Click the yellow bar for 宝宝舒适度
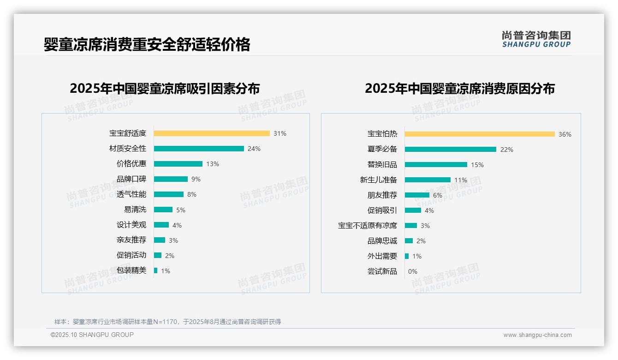[212, 133]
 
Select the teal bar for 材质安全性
[199, 149]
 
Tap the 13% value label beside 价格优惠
[213, 164]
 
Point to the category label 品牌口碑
[131, 179]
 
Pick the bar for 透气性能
[169, 194]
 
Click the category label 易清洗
[135, 210]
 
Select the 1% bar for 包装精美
[156, 270]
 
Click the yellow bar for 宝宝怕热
[480, 134]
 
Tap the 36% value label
[565, 134]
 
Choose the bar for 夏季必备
[451, 150]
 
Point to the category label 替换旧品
[382, 165]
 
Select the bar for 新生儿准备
[428, 180]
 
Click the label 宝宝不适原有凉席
[368, 226]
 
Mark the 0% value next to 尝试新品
[413, 271]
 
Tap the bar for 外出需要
[407, 256]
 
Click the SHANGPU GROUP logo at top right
[536, 39]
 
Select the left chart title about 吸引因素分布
[165, 88]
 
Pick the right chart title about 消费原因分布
[460, 88]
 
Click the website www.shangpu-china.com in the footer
[537, 335]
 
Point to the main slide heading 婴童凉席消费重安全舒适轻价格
[147, 44]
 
